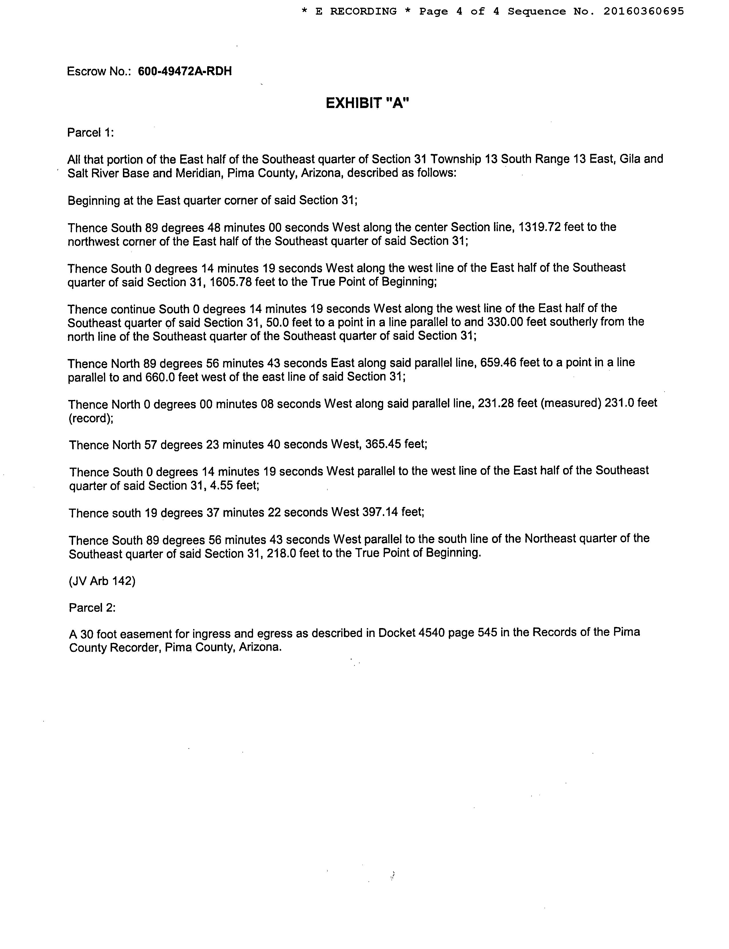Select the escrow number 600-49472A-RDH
coord(185,71)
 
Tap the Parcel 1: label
coord(90,132)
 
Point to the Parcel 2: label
coord(92,607)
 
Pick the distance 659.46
coord(498,362)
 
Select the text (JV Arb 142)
coord(102,581)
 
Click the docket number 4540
coord(432,633)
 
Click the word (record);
coord(90,418)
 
